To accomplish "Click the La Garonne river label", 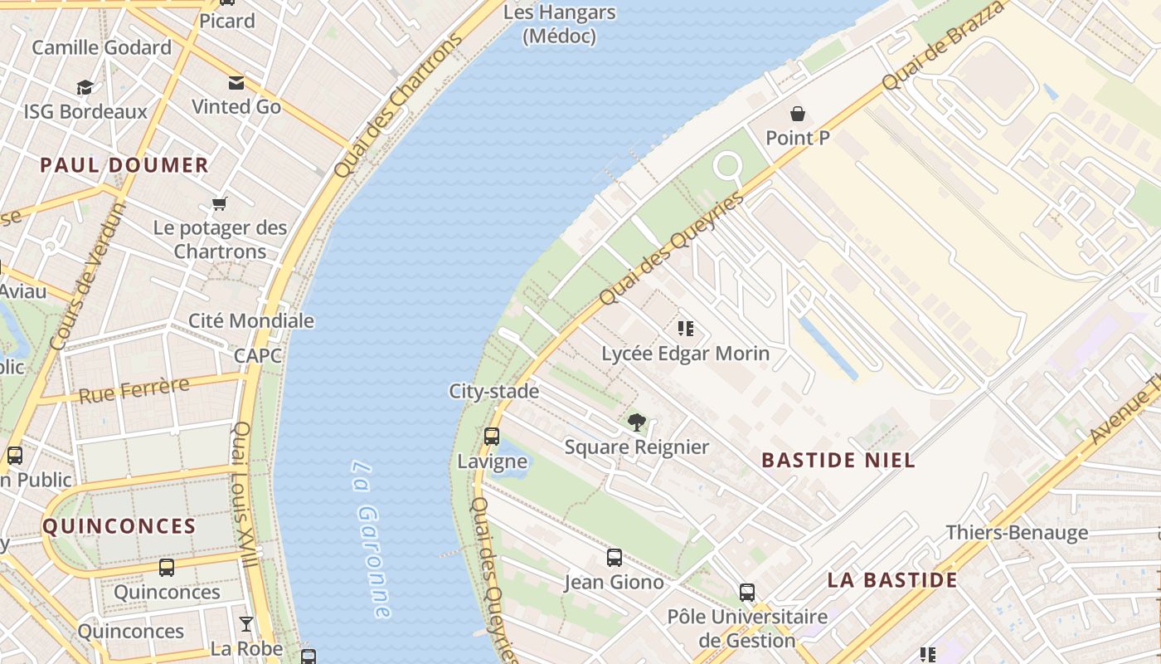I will (370, 539).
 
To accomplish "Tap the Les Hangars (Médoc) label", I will (560, 24).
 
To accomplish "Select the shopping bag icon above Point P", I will (798, 114).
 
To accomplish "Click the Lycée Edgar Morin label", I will (685, 354).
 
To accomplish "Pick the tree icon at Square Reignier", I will (637, 422).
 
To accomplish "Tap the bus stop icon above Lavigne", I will (492, 437).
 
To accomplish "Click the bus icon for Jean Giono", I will (615, 558).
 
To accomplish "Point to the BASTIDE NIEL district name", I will (838, 460).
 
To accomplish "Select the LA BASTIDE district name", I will (892, 580).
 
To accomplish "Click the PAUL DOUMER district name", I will (124, 165).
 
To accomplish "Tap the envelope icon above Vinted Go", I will (236, 82).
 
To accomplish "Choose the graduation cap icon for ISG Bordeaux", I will (85, 87).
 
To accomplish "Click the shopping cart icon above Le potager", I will (220, 203).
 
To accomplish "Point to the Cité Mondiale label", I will (251, 321).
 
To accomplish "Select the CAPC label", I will (257, 356).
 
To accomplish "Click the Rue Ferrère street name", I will (134, 390).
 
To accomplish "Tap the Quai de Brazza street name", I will (943, 46).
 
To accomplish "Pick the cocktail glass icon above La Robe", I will (246, 623).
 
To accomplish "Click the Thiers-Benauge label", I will (1017, 533).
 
